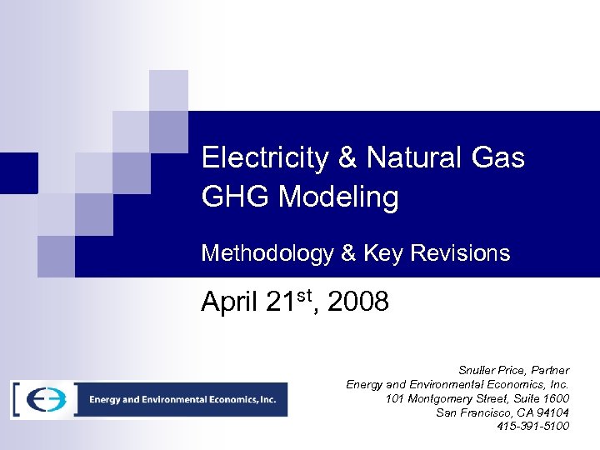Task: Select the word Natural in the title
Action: pos(421,157)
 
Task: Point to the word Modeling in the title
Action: pos(338,197)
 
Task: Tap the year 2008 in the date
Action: pos(358,302)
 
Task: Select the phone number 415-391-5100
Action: pos(533,427)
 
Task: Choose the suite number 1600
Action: pos(554,398)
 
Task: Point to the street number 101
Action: pos(396,398)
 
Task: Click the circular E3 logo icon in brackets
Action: pos(43,399)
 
